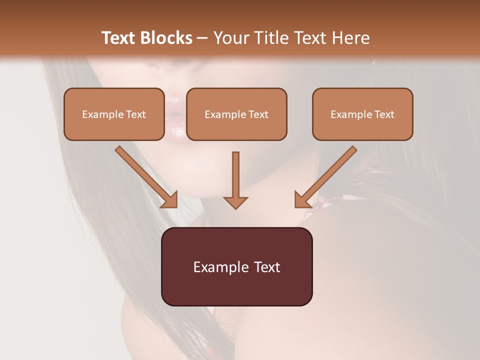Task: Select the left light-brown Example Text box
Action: [x=114, y=114]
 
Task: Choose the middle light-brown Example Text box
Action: [x=236, y=114]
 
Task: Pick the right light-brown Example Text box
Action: [x=362, y=114]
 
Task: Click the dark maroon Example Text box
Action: [x=236, y=266]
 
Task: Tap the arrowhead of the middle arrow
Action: [x=235, y=202]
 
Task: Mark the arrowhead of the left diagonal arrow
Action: [x=170, y=200]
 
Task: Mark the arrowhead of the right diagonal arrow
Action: [x=302, y=200]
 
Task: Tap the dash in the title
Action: [x=202, y=38]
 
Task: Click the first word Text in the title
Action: [x=119, y=38]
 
